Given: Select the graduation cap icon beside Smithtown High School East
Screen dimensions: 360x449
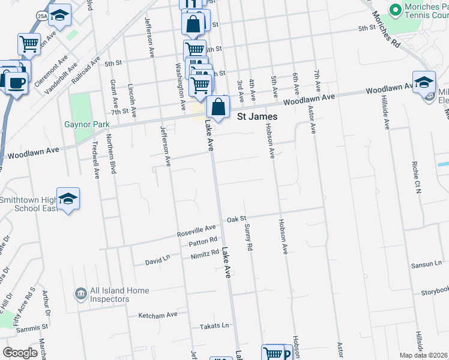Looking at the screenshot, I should pos(68,199).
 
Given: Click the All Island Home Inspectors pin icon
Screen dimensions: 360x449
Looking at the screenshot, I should pos(79,294).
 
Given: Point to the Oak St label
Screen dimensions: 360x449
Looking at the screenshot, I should pos(237,220).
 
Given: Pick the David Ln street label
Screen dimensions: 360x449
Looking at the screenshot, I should pos(158,262).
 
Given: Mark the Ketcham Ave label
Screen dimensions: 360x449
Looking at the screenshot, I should pos(158,314).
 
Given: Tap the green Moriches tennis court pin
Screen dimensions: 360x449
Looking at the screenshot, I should pos(395,10).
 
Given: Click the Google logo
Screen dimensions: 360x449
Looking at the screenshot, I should pos(20,352).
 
